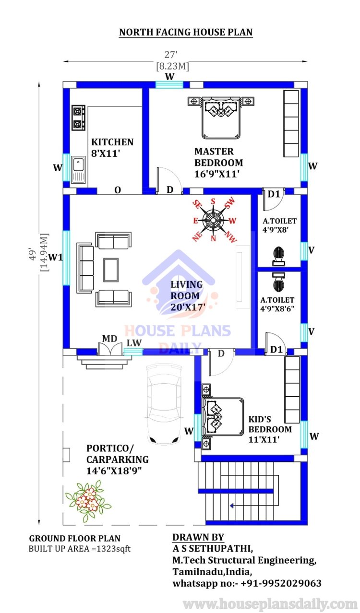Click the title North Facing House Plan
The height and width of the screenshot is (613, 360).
186,32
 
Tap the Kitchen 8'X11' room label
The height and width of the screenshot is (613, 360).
112,148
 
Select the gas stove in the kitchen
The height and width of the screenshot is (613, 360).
78,118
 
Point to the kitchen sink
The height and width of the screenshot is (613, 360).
78,170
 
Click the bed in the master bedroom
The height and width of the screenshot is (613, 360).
221,118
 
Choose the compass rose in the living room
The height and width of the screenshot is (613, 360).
213,220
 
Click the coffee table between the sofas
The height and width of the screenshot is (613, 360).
111,270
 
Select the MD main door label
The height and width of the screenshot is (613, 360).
109,339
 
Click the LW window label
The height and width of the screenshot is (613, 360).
134,343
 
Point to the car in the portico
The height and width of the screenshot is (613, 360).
164,403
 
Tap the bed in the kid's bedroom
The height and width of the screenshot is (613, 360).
223,417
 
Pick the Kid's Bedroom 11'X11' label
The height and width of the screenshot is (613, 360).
270,429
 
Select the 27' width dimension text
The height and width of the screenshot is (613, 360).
171,55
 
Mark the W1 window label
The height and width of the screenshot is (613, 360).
56,257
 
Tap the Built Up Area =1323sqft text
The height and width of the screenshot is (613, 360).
80,549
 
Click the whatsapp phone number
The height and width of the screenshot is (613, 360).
281,583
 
